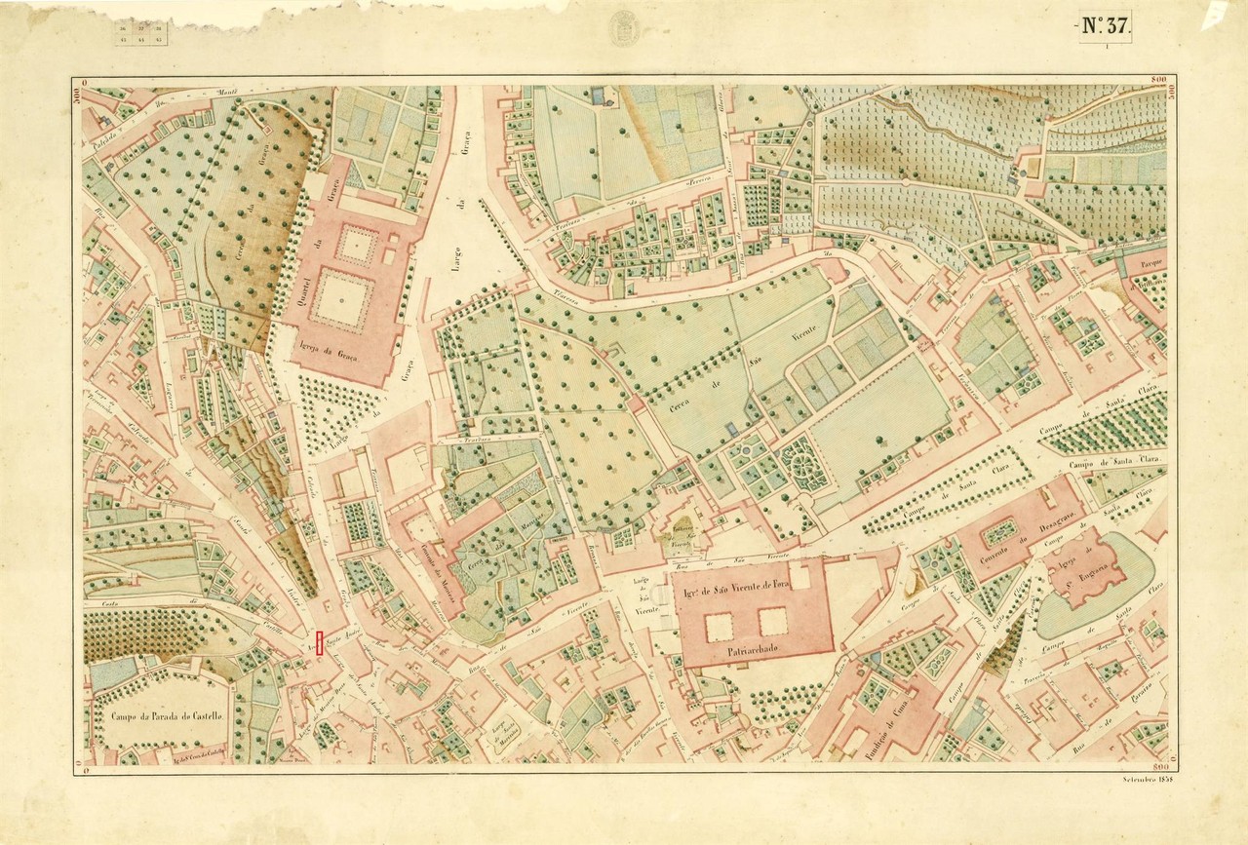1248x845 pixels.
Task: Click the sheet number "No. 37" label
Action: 1104,26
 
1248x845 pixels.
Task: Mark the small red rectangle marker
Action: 319,644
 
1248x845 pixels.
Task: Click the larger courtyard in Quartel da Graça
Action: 342,301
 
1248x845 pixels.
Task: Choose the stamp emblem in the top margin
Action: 623,27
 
